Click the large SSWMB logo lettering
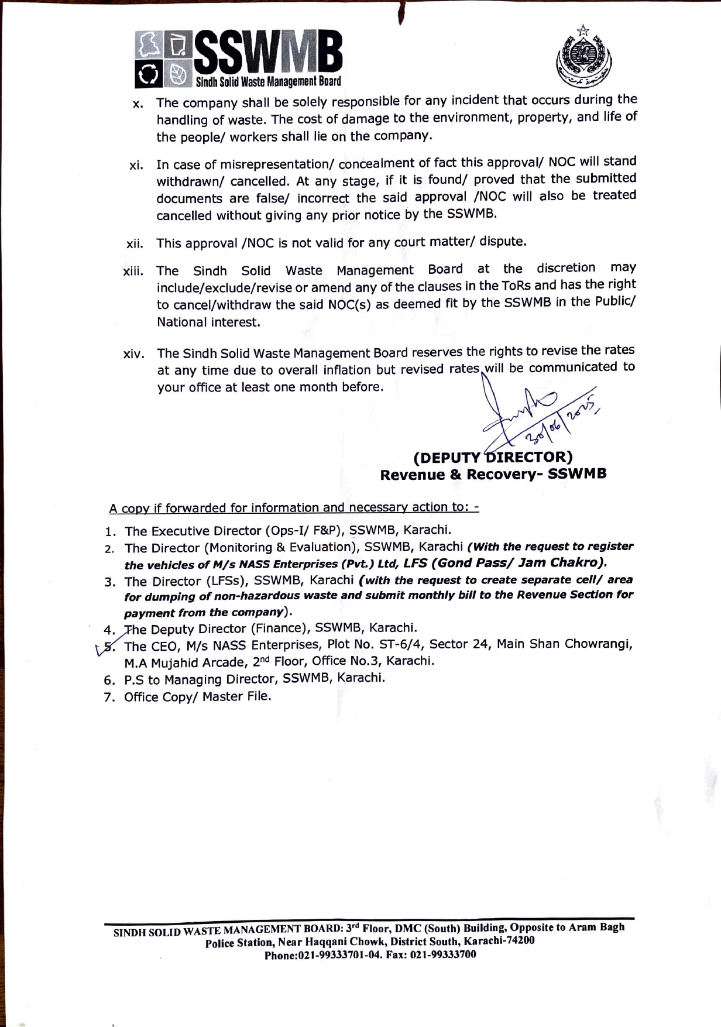pos(269,54)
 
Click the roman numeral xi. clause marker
pos(136,165)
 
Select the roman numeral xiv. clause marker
pos(133,355)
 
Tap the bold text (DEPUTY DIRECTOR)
pos(493,456)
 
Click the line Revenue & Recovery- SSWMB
pos(493,474)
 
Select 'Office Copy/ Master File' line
pos(197,696)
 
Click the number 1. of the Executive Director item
pos(109,531)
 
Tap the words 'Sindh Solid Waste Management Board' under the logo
pos(268,81)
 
